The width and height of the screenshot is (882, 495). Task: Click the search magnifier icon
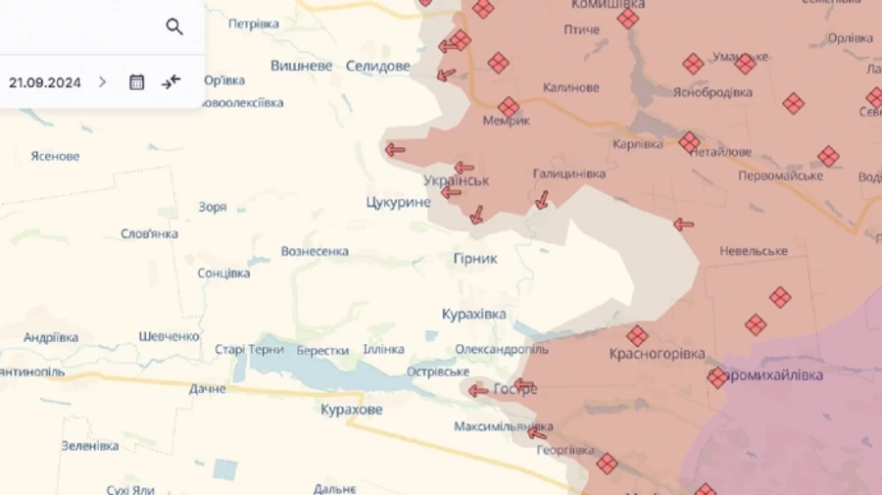174,26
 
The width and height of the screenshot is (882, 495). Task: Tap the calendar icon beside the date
137,82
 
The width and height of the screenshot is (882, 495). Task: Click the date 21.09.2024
45,82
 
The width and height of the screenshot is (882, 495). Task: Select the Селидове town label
378,66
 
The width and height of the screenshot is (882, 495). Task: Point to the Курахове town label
352,410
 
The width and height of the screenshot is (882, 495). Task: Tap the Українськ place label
457,181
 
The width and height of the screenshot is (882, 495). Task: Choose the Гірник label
475,258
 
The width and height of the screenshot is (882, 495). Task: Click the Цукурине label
397,202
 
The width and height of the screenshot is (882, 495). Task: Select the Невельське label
754,251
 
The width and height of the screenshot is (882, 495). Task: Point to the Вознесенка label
315,251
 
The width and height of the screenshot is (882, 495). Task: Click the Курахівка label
473,314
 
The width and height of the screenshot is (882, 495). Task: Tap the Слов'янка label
149,233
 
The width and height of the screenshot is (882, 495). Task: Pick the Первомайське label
780,175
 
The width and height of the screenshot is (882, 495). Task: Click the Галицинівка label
568,173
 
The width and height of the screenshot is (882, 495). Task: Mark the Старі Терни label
250,350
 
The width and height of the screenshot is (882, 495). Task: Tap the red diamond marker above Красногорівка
637,335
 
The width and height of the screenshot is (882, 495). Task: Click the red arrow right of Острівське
477,390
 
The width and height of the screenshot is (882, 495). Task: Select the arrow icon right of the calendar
171,82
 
